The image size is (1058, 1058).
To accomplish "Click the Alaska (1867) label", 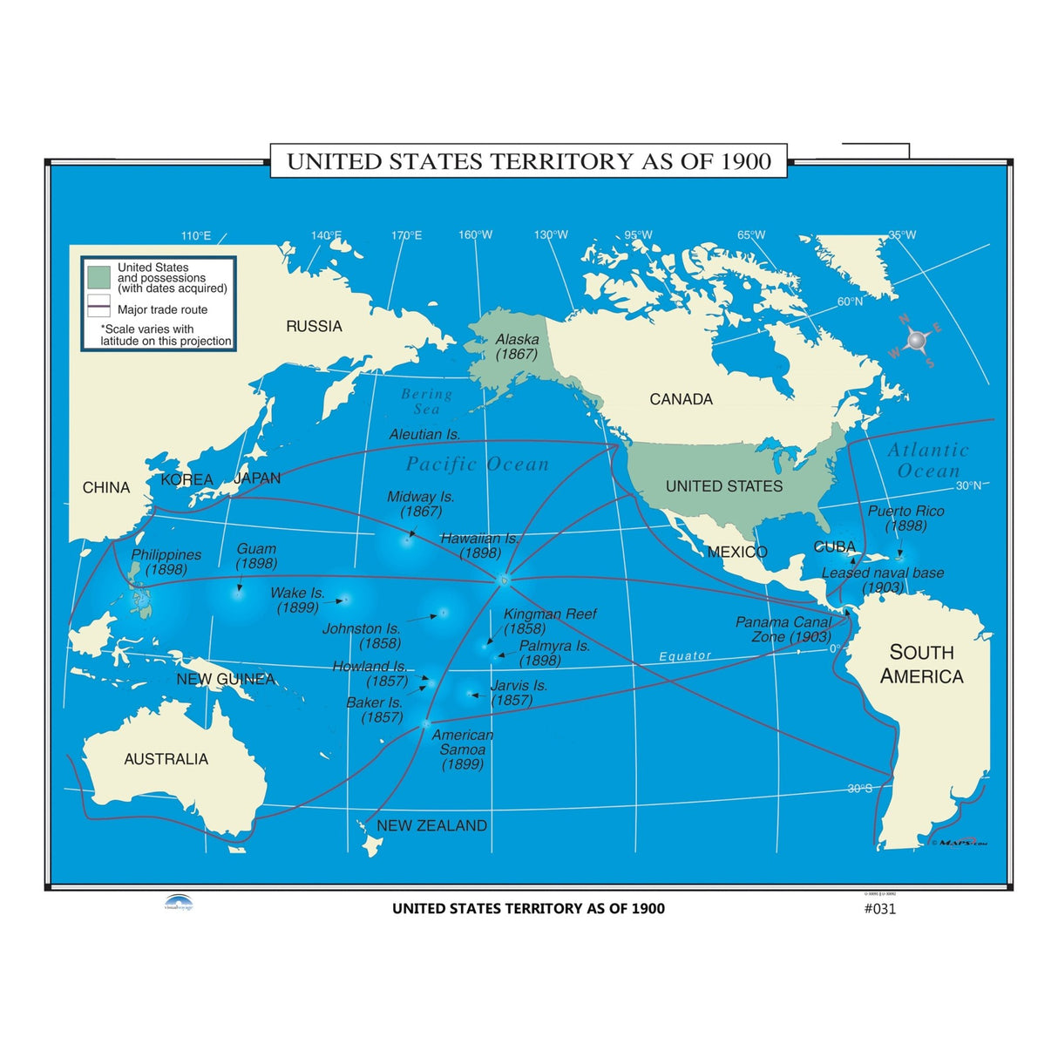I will click(518, 347).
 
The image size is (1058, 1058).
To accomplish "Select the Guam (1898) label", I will click(256, 556).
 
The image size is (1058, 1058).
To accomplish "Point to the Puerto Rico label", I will click(905, 518).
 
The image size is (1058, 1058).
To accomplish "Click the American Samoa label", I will click(462, 749).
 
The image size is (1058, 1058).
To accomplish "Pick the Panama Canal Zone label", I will click(783, 629).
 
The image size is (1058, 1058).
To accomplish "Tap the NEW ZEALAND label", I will click(431, 825).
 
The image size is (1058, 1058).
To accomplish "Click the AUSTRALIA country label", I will click(166, 759).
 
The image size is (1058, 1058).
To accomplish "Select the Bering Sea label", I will click(426, 401).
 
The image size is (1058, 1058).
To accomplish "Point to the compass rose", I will click(915, 340).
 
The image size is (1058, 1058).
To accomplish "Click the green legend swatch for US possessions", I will click(98, 277).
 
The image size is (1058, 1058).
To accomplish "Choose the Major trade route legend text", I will click(162, 309).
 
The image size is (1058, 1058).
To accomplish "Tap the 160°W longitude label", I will click(475, 234).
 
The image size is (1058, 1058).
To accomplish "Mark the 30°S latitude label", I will click(859, 789).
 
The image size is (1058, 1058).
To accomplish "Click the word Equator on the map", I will click(685, 655).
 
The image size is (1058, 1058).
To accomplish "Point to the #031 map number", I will click(879, 909).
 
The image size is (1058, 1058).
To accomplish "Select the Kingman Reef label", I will click(550, 621).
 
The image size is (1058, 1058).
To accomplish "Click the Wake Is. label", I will click(297, 600).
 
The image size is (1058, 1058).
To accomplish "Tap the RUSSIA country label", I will click(314, 326).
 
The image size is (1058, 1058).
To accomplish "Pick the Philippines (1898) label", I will click(166, 561).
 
